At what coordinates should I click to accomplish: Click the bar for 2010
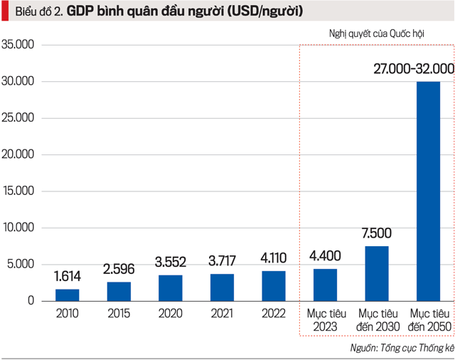pos(68,295)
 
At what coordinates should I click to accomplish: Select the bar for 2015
pos(119,291)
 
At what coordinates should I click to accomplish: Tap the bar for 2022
pos(274,285)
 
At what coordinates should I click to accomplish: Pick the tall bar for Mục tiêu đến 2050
pos(428,191)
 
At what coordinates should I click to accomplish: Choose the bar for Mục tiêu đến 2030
pos(377,273)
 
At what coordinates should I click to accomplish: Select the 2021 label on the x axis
pos(222,313)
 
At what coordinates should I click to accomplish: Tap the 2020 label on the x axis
pos(171,313)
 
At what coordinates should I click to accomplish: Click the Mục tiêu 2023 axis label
pos(326,319)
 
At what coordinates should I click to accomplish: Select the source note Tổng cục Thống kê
pos(412,348)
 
